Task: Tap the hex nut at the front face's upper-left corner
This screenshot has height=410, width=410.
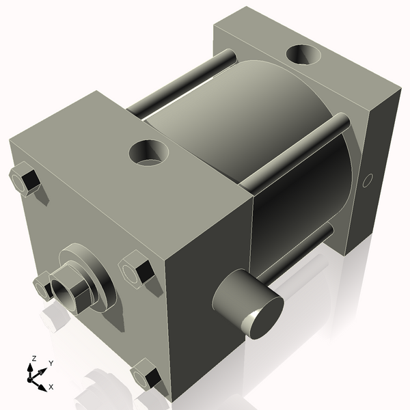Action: [25, 180]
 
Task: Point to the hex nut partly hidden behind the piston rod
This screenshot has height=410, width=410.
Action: [43, 286]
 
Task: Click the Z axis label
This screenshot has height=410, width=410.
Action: [34, 359]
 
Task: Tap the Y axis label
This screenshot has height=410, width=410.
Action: [51, 364]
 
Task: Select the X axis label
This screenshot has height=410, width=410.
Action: [51, 387]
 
